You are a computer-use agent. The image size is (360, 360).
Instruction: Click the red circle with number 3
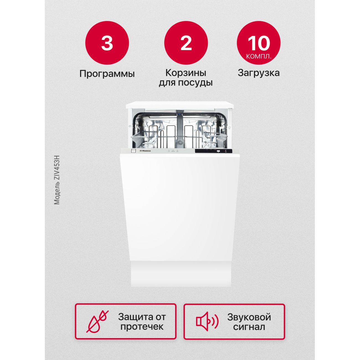click(x=107, y=43)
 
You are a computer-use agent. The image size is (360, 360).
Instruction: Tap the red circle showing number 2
click(x=186, y=43)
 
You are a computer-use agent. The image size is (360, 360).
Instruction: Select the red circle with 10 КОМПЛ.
click(x=259, y=43)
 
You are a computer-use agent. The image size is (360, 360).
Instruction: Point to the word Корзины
click(x=186, y=73)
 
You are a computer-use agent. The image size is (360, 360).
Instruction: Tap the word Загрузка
click(x=259, y=73)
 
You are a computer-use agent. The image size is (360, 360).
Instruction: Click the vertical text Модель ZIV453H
click(x=57, y=180)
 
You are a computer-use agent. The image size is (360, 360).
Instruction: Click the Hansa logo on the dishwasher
click(x=145, y=151)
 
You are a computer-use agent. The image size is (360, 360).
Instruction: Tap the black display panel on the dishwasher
click(x=214, y=151)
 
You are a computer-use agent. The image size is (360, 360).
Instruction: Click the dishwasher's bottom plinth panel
click(x=181, y=274)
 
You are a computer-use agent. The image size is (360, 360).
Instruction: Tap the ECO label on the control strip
click(x=173, y=151)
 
